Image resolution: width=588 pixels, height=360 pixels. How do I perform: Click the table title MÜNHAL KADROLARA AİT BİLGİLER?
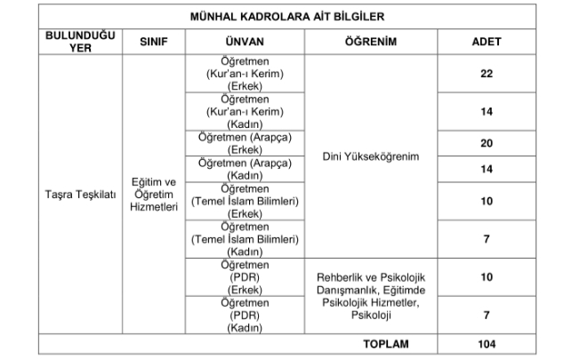(x=294, y=17)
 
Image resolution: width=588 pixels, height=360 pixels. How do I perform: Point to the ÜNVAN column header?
(x=245, y=43)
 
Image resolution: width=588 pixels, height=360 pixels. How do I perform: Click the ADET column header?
(x=486, y=43)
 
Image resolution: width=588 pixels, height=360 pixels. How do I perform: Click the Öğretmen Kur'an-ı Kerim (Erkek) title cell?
(x=245, y=74)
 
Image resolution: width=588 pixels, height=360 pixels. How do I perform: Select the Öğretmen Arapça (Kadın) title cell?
(x=245, y=169)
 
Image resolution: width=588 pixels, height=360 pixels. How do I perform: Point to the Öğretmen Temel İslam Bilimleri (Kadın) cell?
(x=245, y=240)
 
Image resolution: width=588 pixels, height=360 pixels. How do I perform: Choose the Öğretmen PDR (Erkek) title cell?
(x=245, y=277)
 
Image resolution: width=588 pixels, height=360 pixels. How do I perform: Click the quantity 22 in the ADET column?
(x=486, y=74)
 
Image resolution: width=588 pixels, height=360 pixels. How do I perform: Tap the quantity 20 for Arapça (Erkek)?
(x=486, y=143)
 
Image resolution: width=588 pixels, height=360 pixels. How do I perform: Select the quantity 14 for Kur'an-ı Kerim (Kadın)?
(x=486, y=112)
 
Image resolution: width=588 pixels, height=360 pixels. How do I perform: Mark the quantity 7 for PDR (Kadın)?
(x=486, y=316)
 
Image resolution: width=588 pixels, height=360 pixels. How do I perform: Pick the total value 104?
(x=486, y=344)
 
